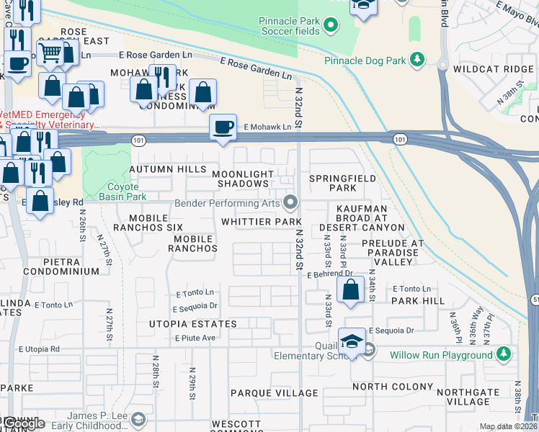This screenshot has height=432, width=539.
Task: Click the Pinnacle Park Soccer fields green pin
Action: pyautogui.click(x=331, y=27)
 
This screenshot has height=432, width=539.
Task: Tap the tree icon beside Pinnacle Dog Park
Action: pyautogui.click(x=416, y=60)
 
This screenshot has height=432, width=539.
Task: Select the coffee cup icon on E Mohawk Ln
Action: pyautogui.click(x=223, y=127)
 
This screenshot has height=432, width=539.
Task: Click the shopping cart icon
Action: pyautogui.click(x=50, y=51)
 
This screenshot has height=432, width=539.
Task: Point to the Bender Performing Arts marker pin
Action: pyautogui.click(x=291, y=203)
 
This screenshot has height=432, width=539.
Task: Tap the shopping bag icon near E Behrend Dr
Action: pyautogui.click(x=350, y=289)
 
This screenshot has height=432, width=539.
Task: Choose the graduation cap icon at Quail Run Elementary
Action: pyautogui.click(x=351, y=341)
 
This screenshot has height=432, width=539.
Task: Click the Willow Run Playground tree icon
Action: pyautogui.click(x=503, y=354)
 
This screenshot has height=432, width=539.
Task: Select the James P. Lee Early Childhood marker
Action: pyautogui.click(x=138, y=418)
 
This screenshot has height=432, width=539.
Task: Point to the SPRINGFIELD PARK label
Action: pyautogui.click(x=332, y=183)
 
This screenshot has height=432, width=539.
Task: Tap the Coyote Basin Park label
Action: pyautogui.click(x=117, y=192)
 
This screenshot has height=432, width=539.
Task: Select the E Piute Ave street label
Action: pyautogui.click(x=195, y=338)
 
